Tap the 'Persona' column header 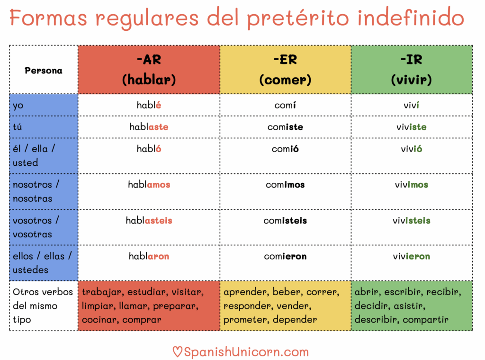click(x=44, y=71)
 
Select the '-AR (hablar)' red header click(x=149, y=70)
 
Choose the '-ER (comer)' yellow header click(x=285, y=70)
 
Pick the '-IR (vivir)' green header click(x=411, y=70)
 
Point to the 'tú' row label click(x=18, y=127)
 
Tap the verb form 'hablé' click(x=149, y=105)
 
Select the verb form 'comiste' click(x=285, y=127)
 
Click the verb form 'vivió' click(x=411, y=149)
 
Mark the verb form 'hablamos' click(x=149, y=185)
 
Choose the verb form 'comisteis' click(x=285, y=221)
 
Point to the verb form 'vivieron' click(x=411, y=256)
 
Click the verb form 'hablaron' click(x=149, y=256)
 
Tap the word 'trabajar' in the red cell click(x=102, y=292)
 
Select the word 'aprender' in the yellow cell click(x=245, y=292)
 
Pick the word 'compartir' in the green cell click(x=425, y=320)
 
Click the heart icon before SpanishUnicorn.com click(x=177, y=352)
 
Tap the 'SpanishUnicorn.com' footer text click(x=246, y=352)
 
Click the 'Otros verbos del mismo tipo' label click(x=43, y=306)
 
